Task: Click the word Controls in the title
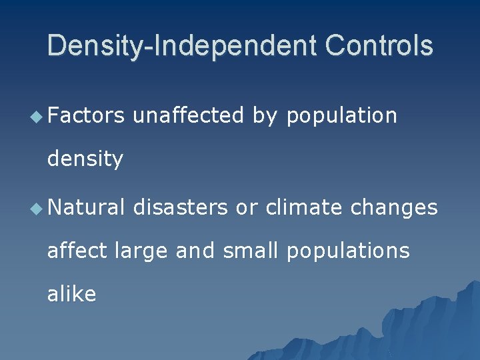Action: [x=379, y=46]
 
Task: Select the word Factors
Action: [x=85, y=116]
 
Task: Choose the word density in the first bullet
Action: [x=85, y=159]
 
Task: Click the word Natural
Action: [x=85, y=207]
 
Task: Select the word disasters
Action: [x=181, y=207]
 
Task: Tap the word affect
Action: [x=77, y=250]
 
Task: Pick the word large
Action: [x=141, y=251]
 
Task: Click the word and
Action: [x=195, y=250]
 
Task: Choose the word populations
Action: [x=348, y=251]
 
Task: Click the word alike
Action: [x=71, y=293]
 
